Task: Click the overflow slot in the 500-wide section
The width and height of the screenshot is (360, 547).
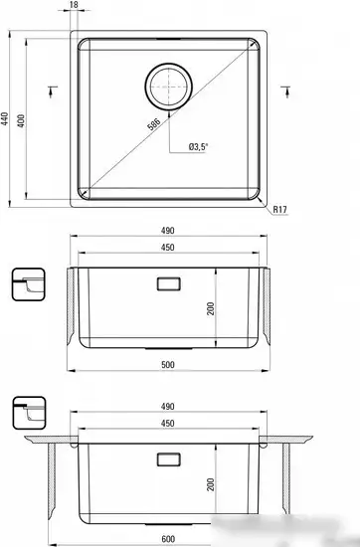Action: click(167, 284)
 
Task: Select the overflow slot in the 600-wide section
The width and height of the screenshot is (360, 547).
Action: click(167, 460)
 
